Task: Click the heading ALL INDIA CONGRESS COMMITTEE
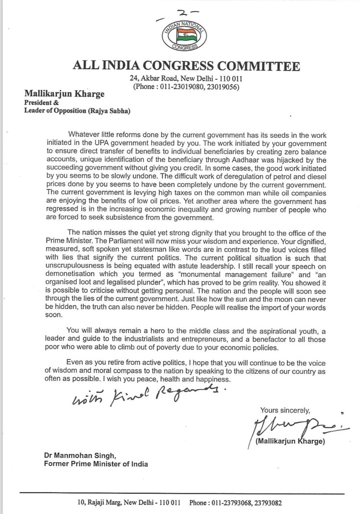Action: tap(186, 66)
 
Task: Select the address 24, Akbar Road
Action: tap(152, 79)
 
